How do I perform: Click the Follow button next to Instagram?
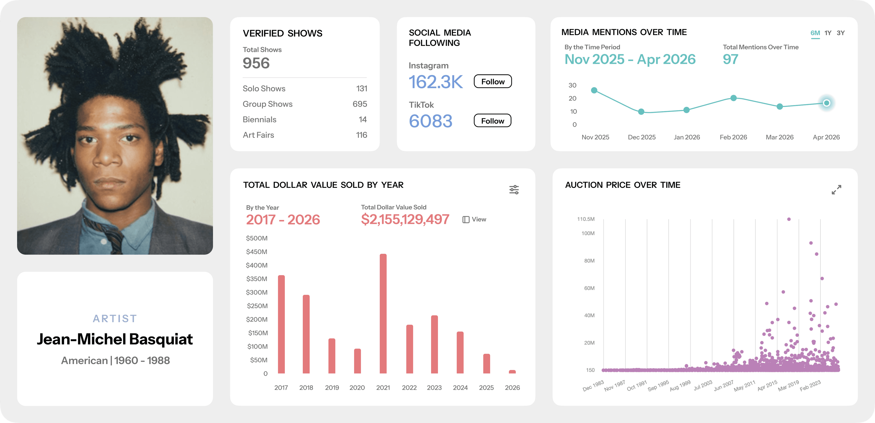492,82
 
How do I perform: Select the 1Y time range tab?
828,33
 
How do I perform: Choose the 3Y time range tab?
841,33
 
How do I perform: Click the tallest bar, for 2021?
383,314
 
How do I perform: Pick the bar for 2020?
357,361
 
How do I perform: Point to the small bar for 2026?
512,372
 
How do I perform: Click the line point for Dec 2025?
641,112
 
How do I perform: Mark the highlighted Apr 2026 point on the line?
826,103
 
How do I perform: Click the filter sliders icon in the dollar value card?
514,189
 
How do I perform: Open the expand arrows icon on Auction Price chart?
836,189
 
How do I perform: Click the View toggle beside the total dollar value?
474,219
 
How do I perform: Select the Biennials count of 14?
363,120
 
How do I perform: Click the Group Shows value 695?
360,104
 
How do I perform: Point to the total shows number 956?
256,63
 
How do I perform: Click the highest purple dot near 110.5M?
789,219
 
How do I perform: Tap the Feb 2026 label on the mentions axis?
733,137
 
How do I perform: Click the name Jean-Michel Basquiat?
115,339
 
